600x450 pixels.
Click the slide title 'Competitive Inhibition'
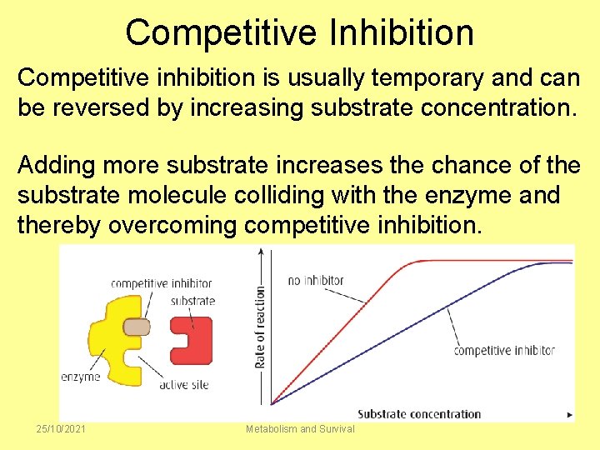coord(300,32)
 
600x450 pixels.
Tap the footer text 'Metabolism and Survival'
coord(300,428)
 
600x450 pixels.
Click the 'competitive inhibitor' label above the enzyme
coord(161,283)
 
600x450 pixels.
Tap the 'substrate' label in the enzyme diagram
coord(192,301)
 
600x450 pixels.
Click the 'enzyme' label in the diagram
coord(81,377)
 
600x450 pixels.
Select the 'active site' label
coord(183,384)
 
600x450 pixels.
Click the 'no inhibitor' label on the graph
coord(315,280)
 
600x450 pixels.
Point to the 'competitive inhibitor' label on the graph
coord(503,350)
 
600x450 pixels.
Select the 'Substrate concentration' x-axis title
coord(419,414)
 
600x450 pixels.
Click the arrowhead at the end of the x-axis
coord(569,414)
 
